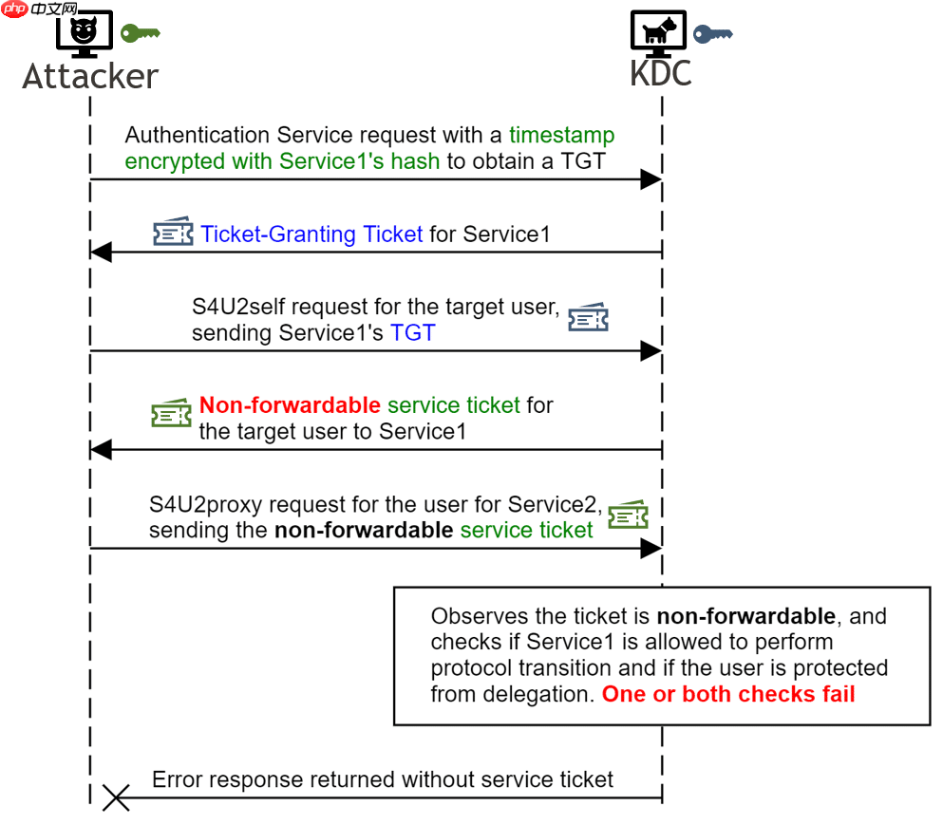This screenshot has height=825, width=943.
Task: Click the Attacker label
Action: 90,76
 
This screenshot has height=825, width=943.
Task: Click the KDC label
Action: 661,73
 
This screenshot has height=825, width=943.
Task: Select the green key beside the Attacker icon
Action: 141,33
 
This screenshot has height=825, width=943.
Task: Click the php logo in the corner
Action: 15,9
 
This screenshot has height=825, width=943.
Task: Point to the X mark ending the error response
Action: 116,798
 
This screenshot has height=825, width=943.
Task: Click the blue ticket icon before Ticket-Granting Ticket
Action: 174,233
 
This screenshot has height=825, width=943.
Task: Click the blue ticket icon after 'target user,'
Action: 588,318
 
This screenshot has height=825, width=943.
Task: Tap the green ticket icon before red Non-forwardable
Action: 172,414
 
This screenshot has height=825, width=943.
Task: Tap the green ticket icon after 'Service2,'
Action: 628,515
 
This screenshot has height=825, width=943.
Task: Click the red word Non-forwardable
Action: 290,406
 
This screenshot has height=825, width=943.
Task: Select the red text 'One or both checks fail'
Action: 728,694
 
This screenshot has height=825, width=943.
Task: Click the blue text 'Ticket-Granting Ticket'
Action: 311,234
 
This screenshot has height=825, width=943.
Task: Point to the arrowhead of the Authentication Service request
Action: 651,179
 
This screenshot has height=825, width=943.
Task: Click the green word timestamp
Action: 561,136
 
